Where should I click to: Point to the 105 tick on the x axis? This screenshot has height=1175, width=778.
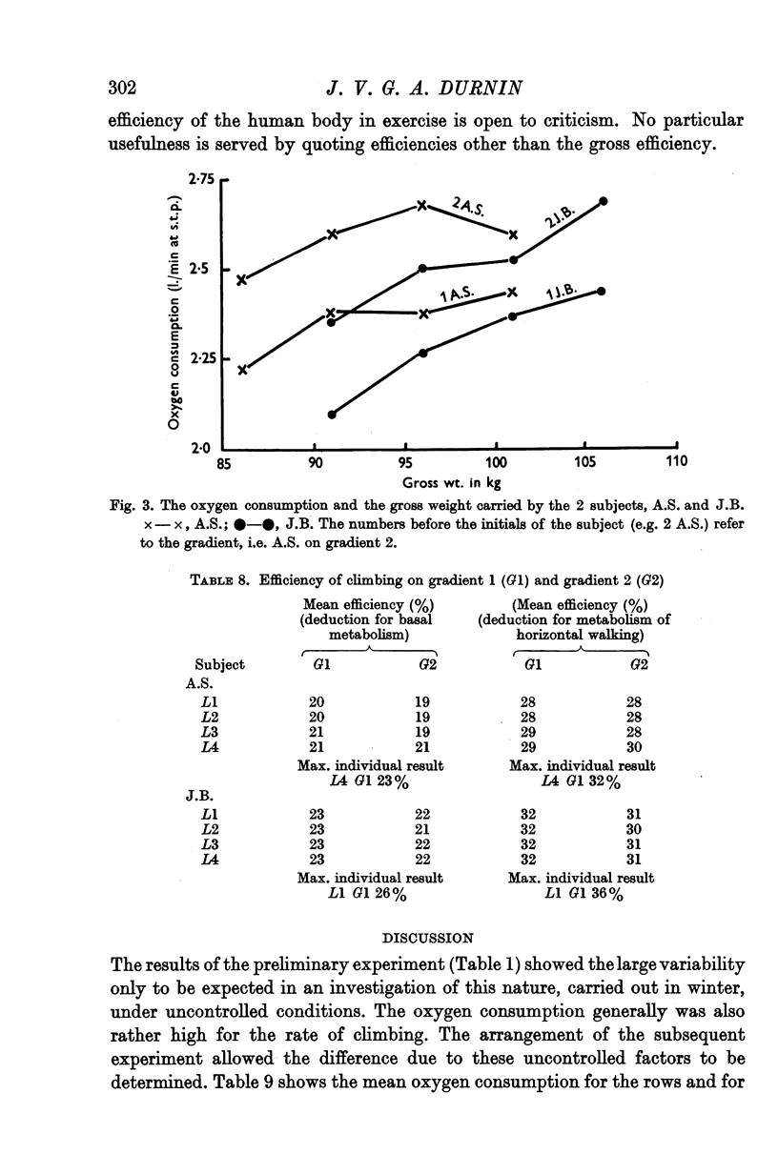tap(585, 463)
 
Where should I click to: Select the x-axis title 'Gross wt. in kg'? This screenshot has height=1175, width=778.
tap(447, 482)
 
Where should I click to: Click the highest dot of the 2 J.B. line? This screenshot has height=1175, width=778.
tap(603, 201)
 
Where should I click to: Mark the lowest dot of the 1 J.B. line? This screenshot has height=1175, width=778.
tap(332, 414)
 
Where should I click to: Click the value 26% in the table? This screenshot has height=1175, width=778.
tap(390, 894)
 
